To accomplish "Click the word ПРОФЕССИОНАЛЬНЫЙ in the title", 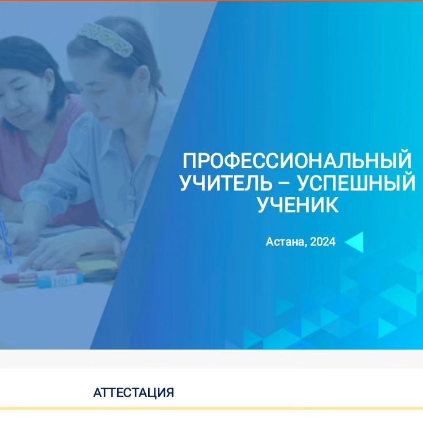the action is point(297,161).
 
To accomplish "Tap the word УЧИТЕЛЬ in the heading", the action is point(226,183).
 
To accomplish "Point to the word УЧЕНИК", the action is point(298,205).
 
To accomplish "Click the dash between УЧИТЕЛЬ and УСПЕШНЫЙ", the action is point(284,184).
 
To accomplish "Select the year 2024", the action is point(323,242).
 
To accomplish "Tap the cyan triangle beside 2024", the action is point(354,242).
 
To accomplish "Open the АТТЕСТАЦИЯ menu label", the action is point(134,393).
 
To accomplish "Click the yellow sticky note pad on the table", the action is point(96,265).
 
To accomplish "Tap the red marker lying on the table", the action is point(20,277).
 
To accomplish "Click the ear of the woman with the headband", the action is point(143,80).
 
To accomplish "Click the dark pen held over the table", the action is point(112,230).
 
